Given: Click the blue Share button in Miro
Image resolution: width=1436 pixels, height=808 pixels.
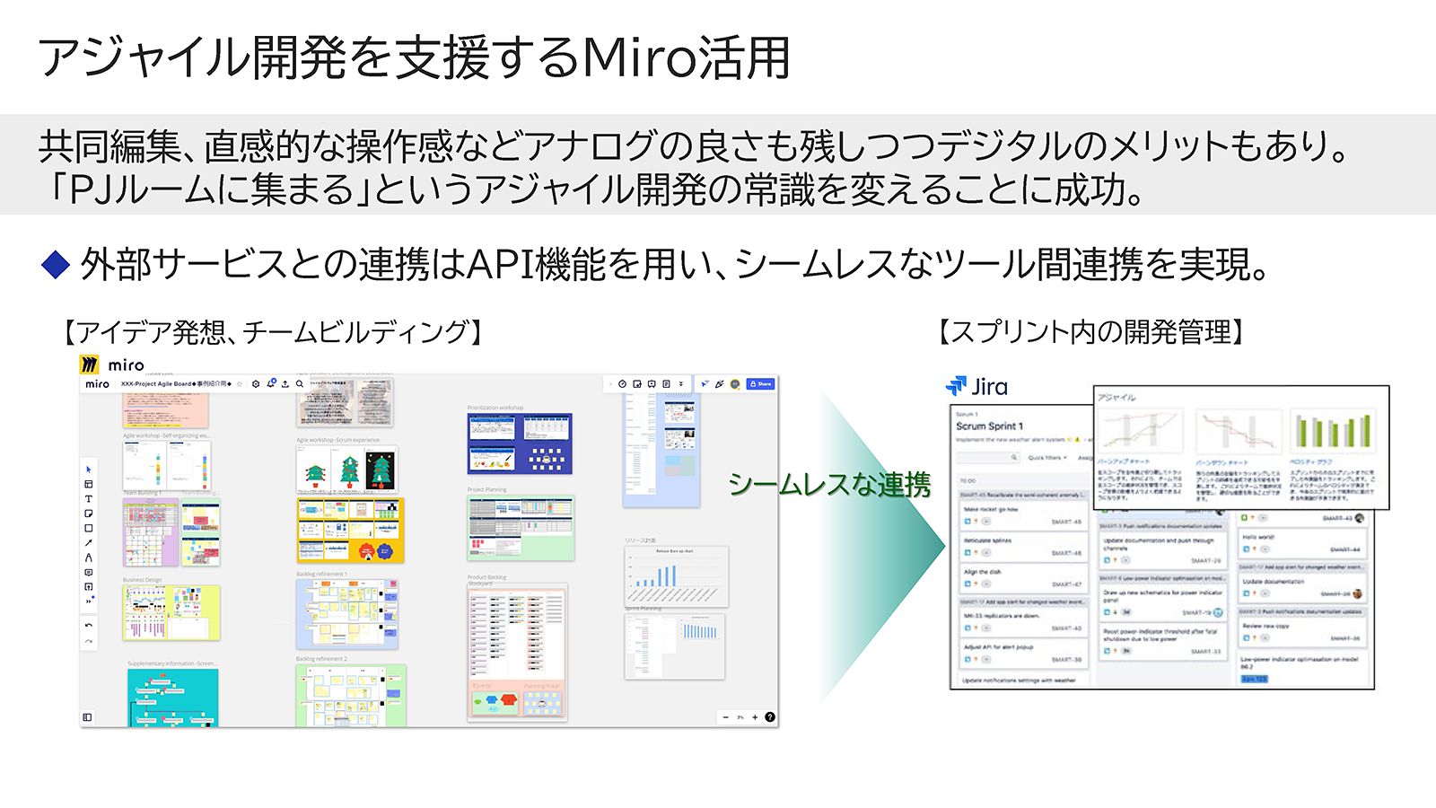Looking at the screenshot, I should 760,383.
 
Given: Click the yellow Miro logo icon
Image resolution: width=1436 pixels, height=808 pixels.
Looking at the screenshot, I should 89,364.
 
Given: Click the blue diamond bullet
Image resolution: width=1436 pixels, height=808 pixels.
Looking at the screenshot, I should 56,264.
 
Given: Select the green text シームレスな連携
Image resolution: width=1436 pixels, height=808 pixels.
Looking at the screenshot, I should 828,485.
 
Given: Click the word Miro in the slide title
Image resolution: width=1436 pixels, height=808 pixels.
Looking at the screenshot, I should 639,57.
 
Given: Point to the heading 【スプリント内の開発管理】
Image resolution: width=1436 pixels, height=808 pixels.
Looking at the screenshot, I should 1090,332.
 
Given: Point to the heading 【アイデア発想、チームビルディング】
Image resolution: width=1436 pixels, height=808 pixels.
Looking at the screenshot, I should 274,332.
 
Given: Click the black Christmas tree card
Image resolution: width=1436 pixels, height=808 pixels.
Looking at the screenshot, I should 381,468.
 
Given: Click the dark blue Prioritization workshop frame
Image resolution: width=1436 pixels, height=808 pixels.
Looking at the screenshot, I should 519,444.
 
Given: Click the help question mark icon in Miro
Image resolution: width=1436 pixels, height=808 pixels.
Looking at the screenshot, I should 770,717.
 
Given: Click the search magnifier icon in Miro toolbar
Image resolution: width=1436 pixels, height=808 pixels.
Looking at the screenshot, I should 300,383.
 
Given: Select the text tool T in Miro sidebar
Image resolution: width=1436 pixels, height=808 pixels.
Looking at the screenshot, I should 88,498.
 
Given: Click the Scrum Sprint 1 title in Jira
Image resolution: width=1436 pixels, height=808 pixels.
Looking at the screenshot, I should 989,426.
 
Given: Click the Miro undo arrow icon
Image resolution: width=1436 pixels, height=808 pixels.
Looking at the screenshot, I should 88,625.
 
